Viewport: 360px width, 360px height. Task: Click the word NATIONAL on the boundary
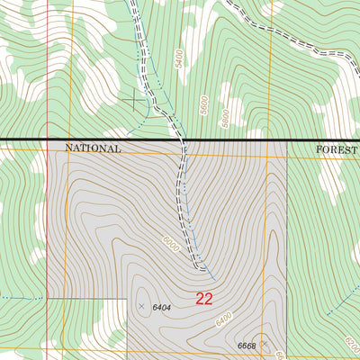point(92,148)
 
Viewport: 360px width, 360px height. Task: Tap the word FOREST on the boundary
point(337,150)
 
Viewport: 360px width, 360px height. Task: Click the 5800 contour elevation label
point(225,118)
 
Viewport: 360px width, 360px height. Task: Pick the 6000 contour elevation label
point(171,243)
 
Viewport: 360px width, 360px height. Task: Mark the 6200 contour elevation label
point(352,344)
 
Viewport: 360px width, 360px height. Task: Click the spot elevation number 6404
point(162,308)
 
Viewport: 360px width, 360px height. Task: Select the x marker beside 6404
point(141,307)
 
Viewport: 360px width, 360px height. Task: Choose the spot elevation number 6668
point(247,346)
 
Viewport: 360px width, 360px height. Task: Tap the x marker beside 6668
point(265,343)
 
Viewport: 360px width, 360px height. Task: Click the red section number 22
point(204,299)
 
